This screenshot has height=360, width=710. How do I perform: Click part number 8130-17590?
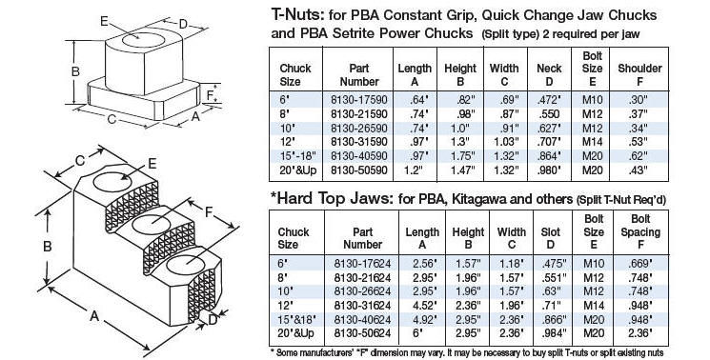click(x=359, y=100)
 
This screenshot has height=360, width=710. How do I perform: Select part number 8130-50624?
click(x=362, y=333)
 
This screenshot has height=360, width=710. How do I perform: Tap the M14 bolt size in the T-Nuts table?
click(x=592, y=142)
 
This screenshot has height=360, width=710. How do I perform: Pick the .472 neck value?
click(x=549, y=100)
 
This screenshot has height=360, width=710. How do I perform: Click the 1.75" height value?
click(x=460, y=156)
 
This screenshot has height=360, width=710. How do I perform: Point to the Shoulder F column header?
click(x=639, y=75)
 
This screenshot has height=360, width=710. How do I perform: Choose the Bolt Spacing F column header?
click(x=640, y=231)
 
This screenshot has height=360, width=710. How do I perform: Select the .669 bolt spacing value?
click(x=639, y=263)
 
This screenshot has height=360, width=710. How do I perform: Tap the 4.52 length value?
click(x=421, y=306)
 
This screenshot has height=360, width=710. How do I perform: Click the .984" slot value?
click(x=554, y=333)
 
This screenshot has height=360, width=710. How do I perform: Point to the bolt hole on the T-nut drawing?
click(x=143, y=40)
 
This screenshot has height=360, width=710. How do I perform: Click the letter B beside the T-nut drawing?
click(x=75, y=71)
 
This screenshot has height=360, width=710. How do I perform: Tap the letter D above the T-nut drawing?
click(x=183, y=25)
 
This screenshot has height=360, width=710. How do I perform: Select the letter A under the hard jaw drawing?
click(x=93, y=315)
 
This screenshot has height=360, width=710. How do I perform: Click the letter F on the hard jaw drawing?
click(x=209, y=211)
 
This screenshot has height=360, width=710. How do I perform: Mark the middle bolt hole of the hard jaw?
click(x=153, y=224)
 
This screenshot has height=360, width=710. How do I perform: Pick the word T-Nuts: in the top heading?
click(x=297, y=15)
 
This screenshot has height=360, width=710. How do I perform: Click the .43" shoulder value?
click(x=639, y=170)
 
